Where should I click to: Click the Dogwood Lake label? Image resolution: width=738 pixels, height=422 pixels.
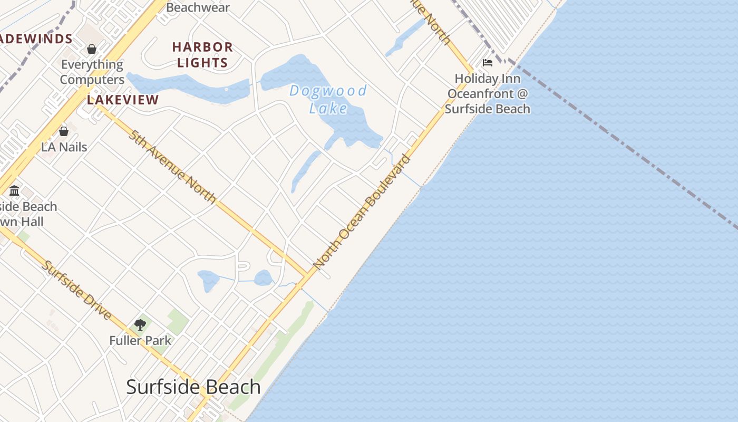click(328, 99)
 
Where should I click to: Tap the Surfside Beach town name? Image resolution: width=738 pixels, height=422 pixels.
click(193, 387)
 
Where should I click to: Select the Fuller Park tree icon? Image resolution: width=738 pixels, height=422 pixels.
click(140, 325)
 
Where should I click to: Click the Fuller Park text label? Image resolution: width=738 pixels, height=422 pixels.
click(140, 341)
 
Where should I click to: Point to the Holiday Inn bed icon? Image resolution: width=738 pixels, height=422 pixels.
click(488, 63)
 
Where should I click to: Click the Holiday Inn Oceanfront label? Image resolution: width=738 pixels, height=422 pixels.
click(488, 94)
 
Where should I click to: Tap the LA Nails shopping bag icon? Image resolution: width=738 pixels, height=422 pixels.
click(64, 131)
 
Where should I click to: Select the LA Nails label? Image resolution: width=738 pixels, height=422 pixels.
click(64, 147)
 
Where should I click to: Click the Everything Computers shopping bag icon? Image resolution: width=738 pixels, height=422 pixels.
click(92, 49)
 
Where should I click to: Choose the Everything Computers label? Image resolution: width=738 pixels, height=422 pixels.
click(92, 72)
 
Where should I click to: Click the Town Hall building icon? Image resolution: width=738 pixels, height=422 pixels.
click(14, 190)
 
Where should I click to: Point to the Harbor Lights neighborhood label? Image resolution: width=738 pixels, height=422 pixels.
click(202, 55)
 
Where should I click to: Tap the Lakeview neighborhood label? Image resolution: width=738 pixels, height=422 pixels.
click(123, 100)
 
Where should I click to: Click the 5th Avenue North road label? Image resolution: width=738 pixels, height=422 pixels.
click(172, 166)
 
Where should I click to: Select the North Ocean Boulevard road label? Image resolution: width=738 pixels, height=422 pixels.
click(362, 210)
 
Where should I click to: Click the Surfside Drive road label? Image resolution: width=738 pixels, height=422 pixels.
click(77, 290)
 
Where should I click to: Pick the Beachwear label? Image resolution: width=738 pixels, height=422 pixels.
click(198, 7)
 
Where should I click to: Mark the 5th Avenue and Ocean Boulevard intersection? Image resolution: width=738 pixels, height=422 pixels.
click(307, 275)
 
